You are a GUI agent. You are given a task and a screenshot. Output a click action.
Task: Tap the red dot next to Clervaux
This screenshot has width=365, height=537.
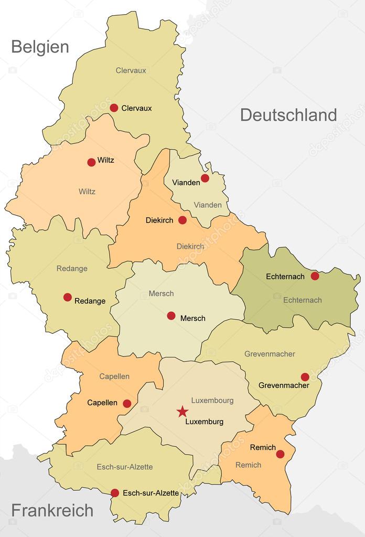(114, 108)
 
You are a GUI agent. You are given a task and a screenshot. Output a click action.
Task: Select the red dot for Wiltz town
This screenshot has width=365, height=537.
(91, 162)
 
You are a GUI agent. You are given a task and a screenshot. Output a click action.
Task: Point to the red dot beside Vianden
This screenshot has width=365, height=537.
(205, 178)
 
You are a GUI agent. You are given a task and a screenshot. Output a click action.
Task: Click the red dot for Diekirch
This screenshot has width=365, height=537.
(182, 220)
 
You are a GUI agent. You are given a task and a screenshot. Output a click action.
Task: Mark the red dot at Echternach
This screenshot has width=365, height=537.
(315, 276)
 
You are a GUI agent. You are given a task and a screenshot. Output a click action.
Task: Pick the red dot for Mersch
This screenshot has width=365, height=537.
(171, 315)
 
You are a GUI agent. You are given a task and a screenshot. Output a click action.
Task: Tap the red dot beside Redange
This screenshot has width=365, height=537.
(68, 297)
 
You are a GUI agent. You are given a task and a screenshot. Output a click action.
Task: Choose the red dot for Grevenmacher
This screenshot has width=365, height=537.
(305, 377)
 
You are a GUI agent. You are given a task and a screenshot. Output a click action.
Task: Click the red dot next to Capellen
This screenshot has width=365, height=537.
(127, 404)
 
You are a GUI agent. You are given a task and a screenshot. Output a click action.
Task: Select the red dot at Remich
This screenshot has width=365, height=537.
(280, 454)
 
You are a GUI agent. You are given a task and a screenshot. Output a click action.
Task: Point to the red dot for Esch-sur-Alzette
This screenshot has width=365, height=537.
(115, 493)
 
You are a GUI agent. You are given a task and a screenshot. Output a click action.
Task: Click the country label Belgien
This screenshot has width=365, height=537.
(40, 47)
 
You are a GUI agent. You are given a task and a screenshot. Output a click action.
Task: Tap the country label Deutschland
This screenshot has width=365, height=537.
(288, 115)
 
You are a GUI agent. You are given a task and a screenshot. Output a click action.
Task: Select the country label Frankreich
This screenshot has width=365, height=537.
(52, 510)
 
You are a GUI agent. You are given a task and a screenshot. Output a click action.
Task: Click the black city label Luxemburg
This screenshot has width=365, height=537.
(205, 422)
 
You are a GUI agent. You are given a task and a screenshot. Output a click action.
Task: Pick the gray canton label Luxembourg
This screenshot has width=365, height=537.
(212, 401)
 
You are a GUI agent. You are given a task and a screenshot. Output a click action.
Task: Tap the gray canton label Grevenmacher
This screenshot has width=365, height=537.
(270, 354)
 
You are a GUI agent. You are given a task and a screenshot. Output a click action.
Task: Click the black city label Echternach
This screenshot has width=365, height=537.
(286, 276)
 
